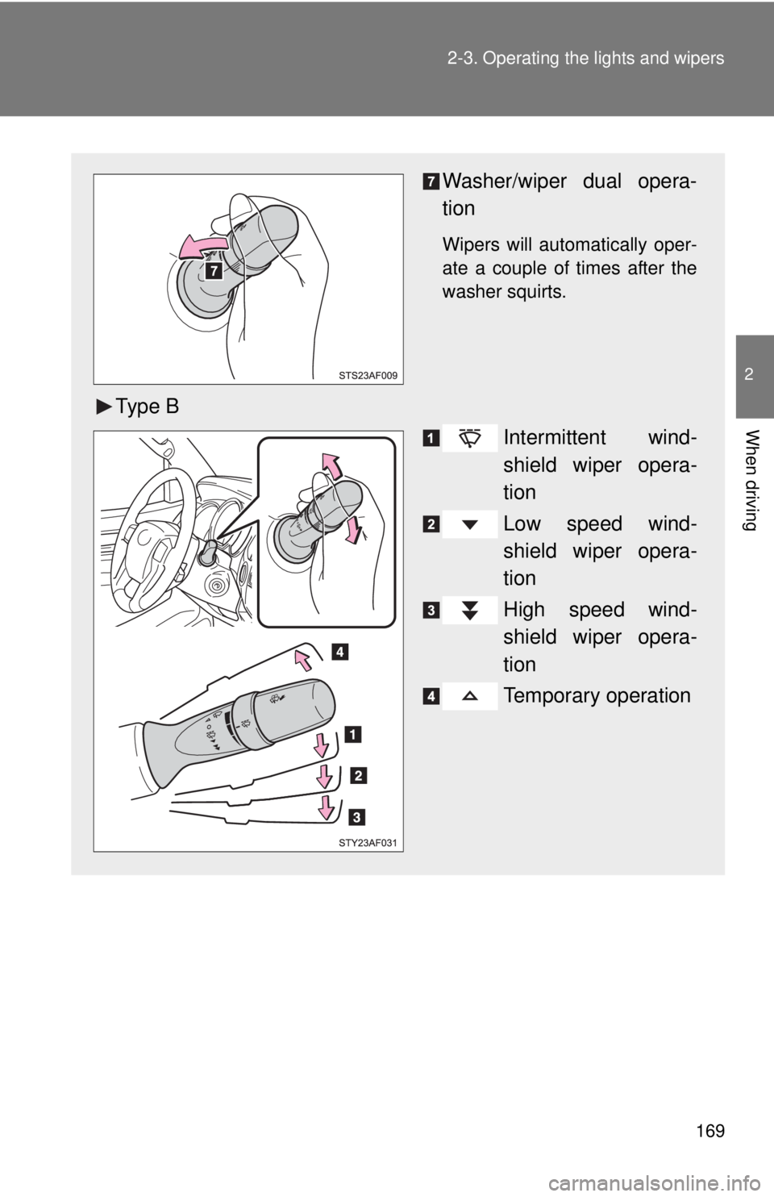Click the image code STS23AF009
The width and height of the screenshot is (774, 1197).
click(x=368, y=375)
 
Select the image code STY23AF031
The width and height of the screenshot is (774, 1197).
click(x=368, y=843)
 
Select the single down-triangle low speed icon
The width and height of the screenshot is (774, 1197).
click(x=469, y=524)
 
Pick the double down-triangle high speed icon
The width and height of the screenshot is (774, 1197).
click(x=469, y=611)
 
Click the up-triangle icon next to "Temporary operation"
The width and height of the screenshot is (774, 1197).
click(x=469, y=695)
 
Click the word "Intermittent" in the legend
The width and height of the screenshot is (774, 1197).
click(x=555, y=437)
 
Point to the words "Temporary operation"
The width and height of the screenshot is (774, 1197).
click(x=597, y=695)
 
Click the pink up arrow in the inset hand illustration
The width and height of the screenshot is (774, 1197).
click(x=331, y=467)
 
